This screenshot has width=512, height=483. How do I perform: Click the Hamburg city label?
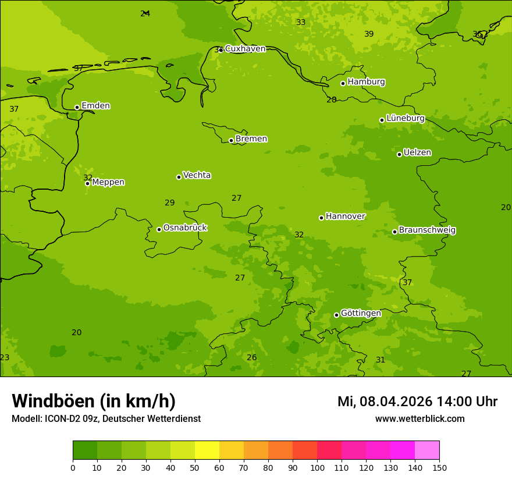tap(366, 82)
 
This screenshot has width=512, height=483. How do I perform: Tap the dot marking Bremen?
tap(231, 140)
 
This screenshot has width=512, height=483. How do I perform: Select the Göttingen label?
tap(361, 313)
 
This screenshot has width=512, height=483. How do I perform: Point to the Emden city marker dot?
tap(77, 107)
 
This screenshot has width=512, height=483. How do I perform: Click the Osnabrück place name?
tap(185, 228)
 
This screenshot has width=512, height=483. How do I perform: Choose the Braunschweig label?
tap(427, 230)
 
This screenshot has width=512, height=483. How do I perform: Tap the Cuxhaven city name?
tap(245, 49)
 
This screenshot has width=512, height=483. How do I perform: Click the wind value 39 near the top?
tap(369, 34)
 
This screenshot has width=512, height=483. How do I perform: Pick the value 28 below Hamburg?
tap(332, 100)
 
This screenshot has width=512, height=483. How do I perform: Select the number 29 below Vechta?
tap(169, 203)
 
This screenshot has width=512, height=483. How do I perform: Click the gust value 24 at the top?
tap(145, 13)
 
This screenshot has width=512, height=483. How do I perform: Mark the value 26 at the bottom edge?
tap(251, 357)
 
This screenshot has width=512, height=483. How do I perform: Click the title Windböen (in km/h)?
tap(94, 401)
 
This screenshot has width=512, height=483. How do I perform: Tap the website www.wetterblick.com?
tap(419, 418)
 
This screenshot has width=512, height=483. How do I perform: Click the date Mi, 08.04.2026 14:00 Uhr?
tap(417, 402)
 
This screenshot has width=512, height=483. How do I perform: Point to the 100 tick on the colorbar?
tap(317, 467)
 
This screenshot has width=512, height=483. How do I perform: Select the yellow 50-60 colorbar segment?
tap(207, 450)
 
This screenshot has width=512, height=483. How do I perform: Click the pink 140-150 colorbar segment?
tap(427, 450)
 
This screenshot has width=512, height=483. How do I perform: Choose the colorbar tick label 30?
tap(146, 467)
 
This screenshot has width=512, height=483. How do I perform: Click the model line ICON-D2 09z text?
tap(106, 419)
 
